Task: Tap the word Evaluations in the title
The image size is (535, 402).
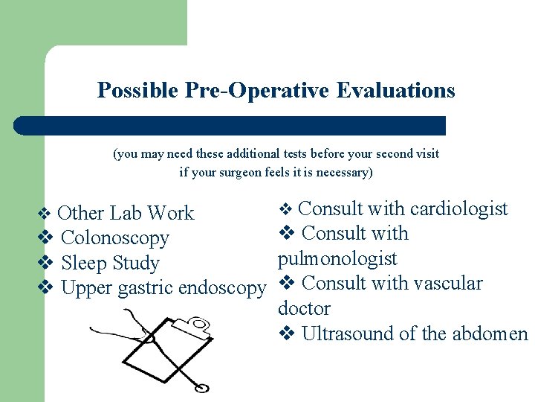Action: (395, 91)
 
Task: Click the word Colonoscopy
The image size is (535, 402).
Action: (114, 238)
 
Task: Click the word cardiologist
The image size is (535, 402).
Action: (458, 209)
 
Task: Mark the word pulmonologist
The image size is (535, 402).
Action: (337, 259)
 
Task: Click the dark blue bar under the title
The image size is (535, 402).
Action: (230, 126)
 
